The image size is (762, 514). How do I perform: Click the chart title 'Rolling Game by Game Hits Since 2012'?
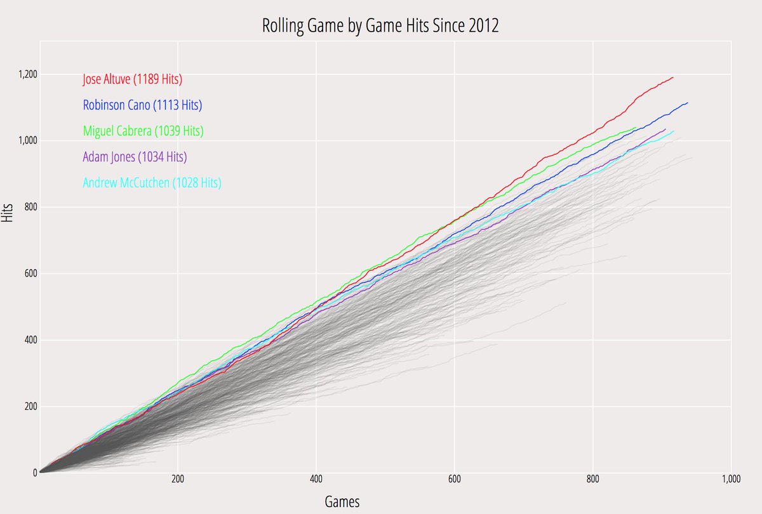380,26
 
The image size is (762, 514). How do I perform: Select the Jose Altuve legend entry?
133,79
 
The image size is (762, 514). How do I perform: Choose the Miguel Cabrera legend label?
143,131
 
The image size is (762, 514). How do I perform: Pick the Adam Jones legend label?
135,157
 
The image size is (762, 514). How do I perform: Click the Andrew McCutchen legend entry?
152,183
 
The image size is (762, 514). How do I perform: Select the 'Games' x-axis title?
342,502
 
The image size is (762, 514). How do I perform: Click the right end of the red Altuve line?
673,77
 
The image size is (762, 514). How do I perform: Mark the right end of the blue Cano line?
688,103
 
